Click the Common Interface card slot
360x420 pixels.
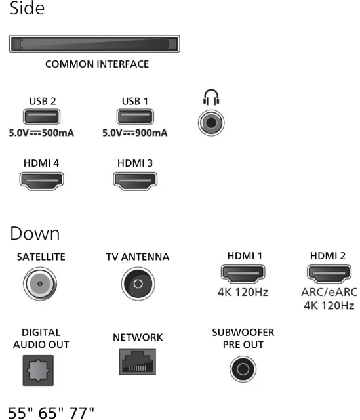tap(94, 44)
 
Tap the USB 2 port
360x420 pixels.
tap(41, 117)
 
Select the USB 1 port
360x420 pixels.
tap(135, 117)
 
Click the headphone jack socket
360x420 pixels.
tap(211, 123)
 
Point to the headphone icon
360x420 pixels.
tap(211, 97)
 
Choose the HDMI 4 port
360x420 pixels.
tap(41, 181)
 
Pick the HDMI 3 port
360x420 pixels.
tap(135, 181)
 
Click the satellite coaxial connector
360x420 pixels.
tap(40, 283)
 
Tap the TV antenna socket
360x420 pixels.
tap(138, 283)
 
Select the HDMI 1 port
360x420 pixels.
tap(243, 274)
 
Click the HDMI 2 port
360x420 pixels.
tap(329, 274)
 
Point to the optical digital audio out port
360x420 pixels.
tap(38, 370)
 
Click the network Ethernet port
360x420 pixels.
tap(138, 362)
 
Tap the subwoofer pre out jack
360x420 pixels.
tap(243, 369)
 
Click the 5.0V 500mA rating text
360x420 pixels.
tap(41, 133)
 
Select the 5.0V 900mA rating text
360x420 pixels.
tap(135, 133)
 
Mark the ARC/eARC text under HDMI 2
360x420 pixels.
tap(329, 292)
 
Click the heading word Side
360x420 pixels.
tap(27, 8)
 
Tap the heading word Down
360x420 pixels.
tap(35, 234)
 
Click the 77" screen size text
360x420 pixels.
tap(81, 413)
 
